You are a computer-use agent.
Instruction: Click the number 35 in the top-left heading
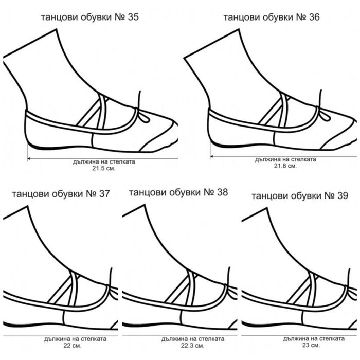133,17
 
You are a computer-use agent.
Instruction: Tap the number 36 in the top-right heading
314,17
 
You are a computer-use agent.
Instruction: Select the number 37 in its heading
104,194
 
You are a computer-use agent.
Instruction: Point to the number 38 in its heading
222,192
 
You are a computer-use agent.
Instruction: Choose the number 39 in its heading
343,195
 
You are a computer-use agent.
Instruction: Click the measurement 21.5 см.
104,168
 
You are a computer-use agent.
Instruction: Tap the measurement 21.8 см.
285,166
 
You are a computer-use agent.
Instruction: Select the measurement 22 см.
73,345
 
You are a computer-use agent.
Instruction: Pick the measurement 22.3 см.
192,345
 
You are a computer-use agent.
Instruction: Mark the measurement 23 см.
311,345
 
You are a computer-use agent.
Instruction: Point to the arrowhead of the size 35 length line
29,158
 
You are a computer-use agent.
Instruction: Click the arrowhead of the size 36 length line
212,156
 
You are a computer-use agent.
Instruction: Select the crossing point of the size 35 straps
102,100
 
